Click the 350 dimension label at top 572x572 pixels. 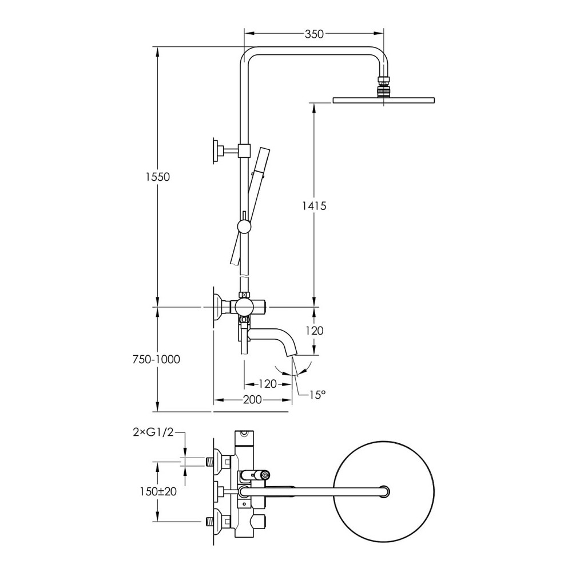(314, 34)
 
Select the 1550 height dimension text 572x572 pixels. (158, 177)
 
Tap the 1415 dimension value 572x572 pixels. (314, 206)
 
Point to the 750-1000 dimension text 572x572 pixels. (156, 359)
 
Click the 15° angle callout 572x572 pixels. (317, 394)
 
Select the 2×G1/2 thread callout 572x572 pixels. (153, 432)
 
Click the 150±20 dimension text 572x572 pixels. (158, 491)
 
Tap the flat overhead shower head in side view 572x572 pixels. (384, 100)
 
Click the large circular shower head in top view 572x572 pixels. (384, 491)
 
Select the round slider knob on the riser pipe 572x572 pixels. (244, 227)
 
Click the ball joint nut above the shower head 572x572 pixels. (383, 87)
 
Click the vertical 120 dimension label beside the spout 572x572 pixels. (314, 331)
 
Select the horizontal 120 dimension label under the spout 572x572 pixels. (267, 384)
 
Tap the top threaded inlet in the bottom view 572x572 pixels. (209, 462)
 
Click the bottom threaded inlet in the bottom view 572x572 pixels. (209, 521)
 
